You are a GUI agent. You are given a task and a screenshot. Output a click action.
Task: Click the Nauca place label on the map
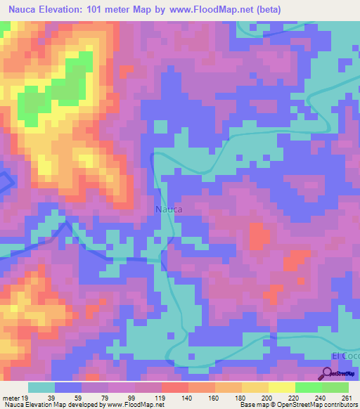[x=168, y=209]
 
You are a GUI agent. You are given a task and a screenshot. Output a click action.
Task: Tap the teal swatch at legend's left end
[x=41, y=387]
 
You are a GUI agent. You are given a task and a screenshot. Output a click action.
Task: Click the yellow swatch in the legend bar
[x=282, y=387]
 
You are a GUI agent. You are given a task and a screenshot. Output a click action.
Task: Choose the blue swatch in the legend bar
[x=68, y=387]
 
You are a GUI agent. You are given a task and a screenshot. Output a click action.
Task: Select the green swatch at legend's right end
[x=335, y=387]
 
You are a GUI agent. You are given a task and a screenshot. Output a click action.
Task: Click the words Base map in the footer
[x=252, y=405]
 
